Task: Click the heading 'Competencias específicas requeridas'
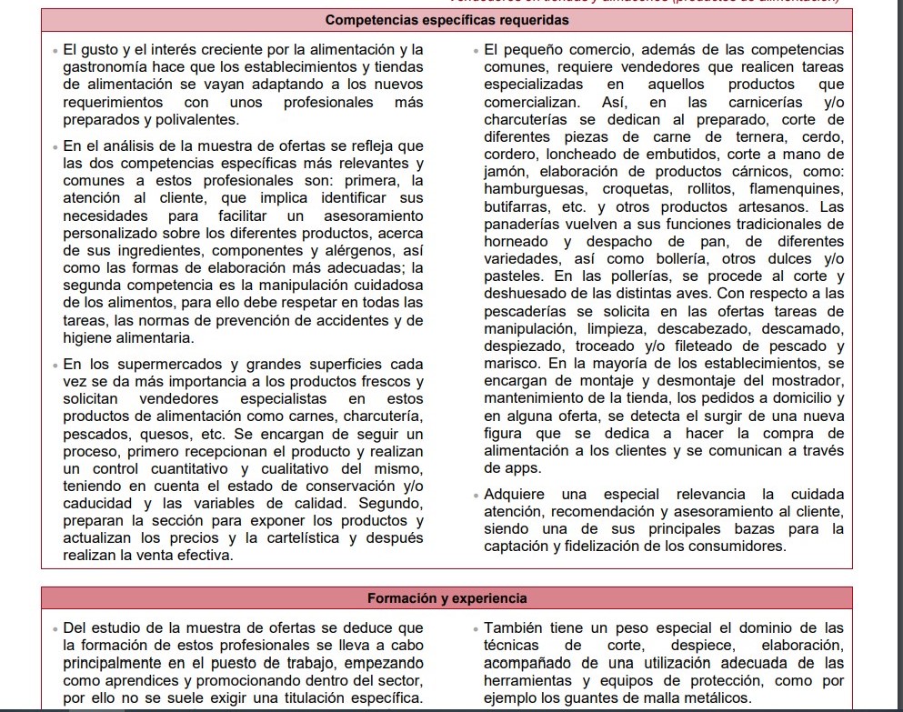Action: [446, 19]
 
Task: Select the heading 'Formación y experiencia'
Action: [446, 598]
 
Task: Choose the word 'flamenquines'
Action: [797, 189]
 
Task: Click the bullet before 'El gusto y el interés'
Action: [55, 50]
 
